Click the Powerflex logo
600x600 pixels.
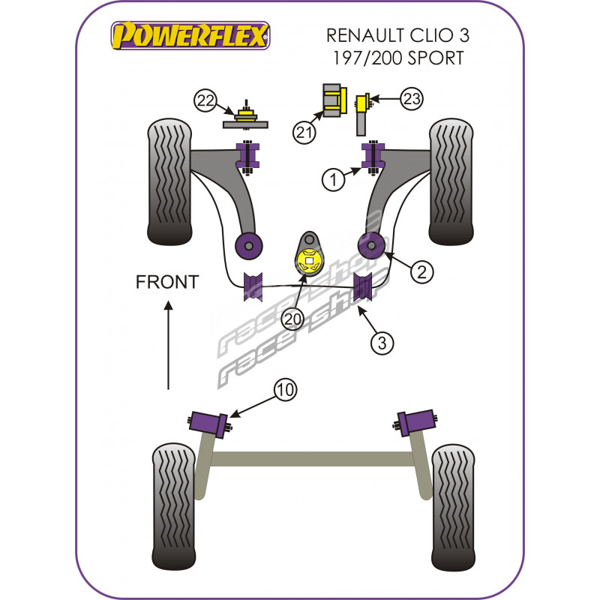click(x=190, y=34)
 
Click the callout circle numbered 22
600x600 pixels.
click(x=205, y=99)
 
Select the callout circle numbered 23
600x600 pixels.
click(x=412, y=99)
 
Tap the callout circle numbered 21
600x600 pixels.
click(x=304, y=133)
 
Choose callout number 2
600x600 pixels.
click(x=422, y=272)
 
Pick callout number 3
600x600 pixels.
click(x=382, y=343)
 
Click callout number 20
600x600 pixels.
click(x=292, y=320)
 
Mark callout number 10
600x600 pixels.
click(x=286, y=389)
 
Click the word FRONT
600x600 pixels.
click(x=167, y=282)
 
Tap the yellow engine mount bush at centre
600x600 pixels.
click(x=309, y=261)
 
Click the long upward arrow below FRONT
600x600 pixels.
click(x=168, y=345)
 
